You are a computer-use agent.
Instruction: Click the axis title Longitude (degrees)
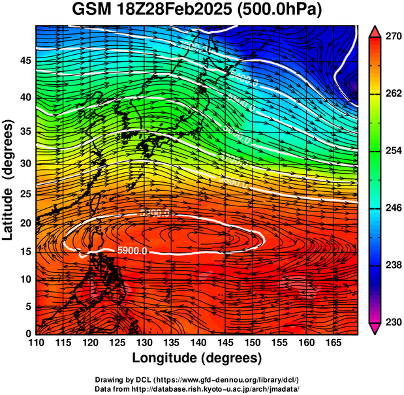[x=197, y=358]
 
